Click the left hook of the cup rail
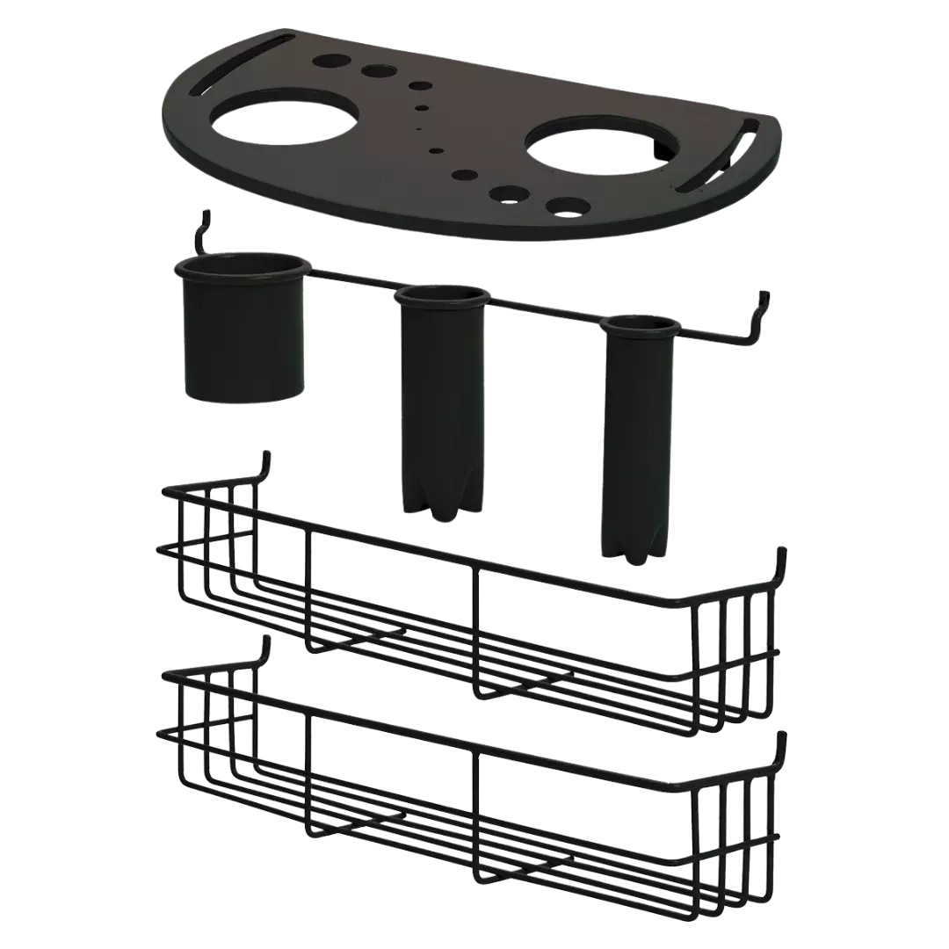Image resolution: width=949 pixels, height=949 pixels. tap(206, 230)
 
